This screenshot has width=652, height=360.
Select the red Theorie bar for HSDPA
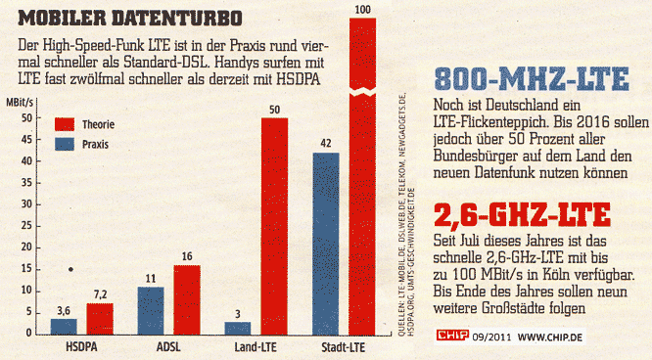pyautogui.click(x=99, y=319)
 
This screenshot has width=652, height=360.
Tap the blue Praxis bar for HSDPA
pyautogui.click(x=63, y=327)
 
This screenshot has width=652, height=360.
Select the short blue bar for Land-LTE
pyautogui.click(x=237, y=328)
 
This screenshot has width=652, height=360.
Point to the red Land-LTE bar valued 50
pyautogui.click(x=273, y=226)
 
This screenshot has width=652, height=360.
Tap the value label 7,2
pyautogui.click(x=99, y=294)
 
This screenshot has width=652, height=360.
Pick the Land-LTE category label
pyautogui.click(x=256, y=347)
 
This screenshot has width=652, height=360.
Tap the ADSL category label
pyautogui.click(x=168, y=347)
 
